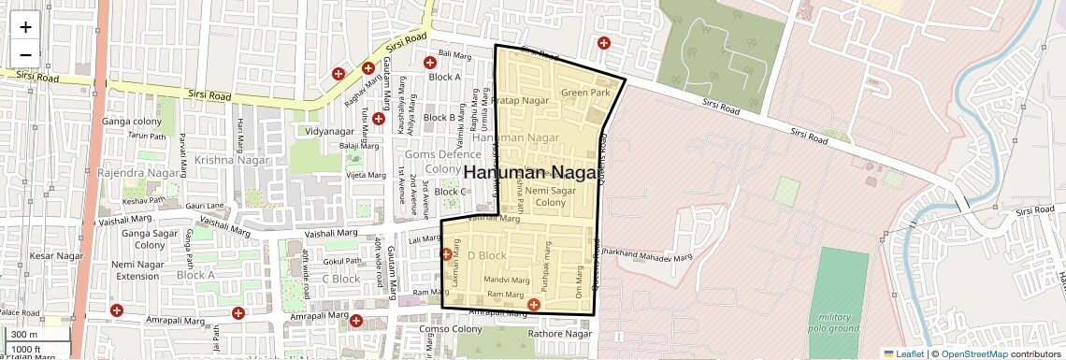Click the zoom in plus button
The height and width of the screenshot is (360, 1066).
click(25, 27)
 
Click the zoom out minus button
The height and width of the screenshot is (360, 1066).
click(25, 55)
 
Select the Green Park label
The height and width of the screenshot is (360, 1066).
click(585, 93)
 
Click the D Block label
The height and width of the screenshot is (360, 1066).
click(486, 255)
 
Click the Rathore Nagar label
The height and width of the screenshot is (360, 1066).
click(560, 334)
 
